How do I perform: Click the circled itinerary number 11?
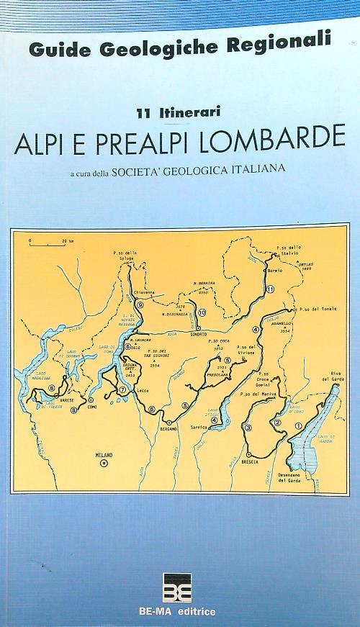[270, 289]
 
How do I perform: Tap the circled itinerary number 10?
[202, 312]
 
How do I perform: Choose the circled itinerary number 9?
[140, 305]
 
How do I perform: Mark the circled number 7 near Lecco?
[122, 389]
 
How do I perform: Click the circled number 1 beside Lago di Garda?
[298, 425]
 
